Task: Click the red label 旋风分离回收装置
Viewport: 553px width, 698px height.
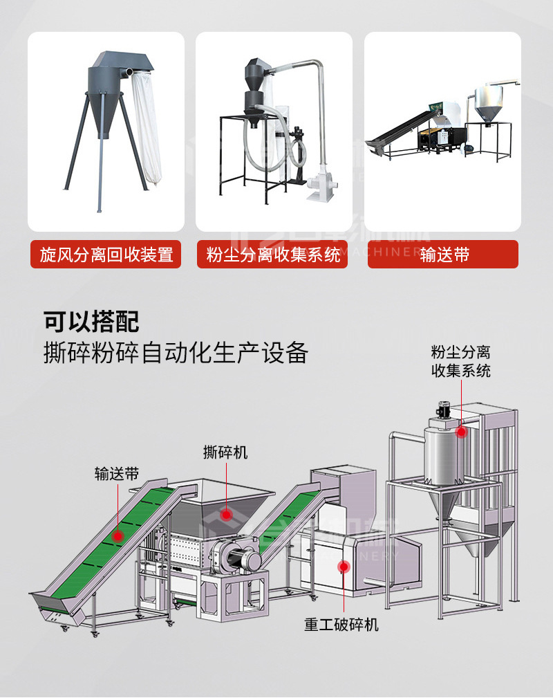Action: coord(106,255)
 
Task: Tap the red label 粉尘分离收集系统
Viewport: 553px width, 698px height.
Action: coord(274,255)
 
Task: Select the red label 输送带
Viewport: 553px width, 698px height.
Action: coord(443,255)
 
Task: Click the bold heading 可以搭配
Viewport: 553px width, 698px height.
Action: coord(91,322)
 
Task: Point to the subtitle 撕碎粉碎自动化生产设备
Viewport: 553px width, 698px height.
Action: coord(176,353)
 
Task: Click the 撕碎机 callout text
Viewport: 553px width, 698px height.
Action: coord(225,453)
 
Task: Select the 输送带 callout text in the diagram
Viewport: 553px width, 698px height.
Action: coord(117,474)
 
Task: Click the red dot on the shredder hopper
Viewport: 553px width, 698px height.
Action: coord(225,513)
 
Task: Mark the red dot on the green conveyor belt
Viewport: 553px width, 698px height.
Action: coord(118,535)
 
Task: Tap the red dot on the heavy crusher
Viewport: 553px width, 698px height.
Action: coord(343,567)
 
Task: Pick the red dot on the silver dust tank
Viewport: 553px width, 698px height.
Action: coord(461,432)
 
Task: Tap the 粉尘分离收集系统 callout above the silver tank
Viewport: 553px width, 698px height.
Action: coord(461,362)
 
